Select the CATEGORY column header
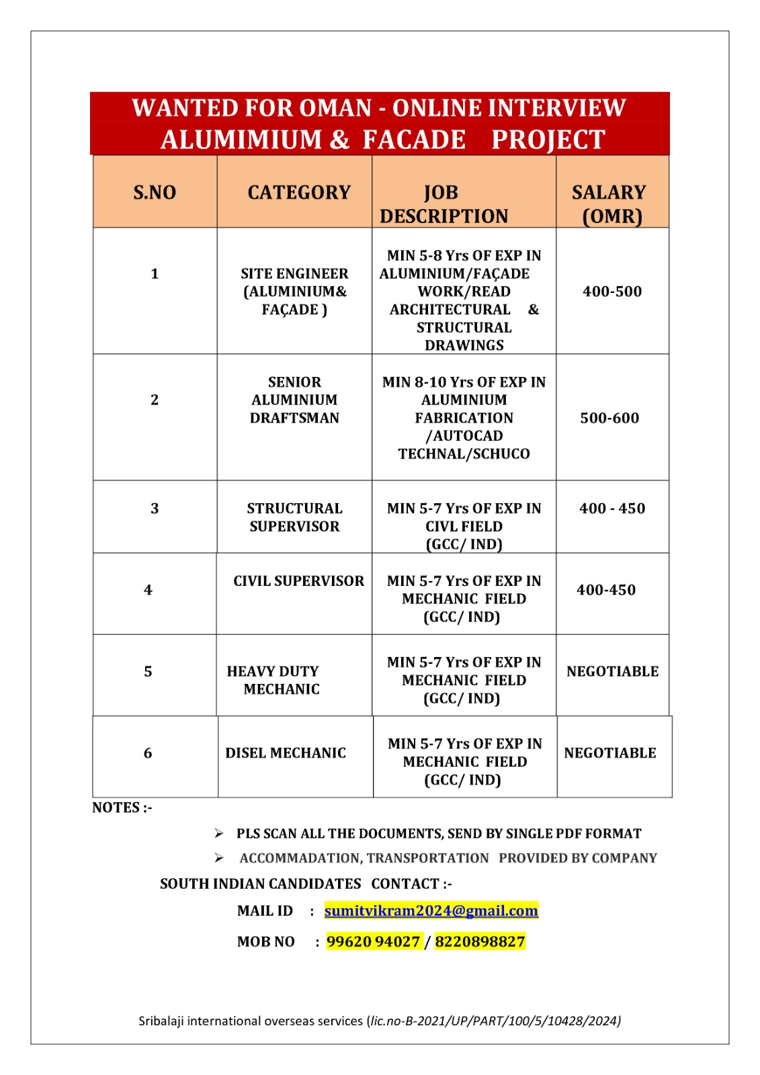coord(299,193)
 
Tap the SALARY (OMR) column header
coord(610,204)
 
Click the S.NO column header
coord(155,193)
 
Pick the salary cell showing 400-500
coord(611,292)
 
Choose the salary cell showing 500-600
coord(609,418)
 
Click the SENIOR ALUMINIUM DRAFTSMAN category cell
coord(294,400)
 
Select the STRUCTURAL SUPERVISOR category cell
coord(294,517)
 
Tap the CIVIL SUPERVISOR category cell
coord(298,581)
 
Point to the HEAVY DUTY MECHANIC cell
coord(273,680)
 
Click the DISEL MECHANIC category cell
coord(286,753)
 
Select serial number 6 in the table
coord(148,753)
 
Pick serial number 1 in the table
coord(155,273)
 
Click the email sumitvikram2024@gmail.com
coord(431,910)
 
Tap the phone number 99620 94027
coord(373,941)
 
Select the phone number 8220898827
coord(480,941)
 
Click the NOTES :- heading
coord(122,808)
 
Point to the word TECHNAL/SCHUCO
coord(464,454)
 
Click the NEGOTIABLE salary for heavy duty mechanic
coord(612,671)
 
